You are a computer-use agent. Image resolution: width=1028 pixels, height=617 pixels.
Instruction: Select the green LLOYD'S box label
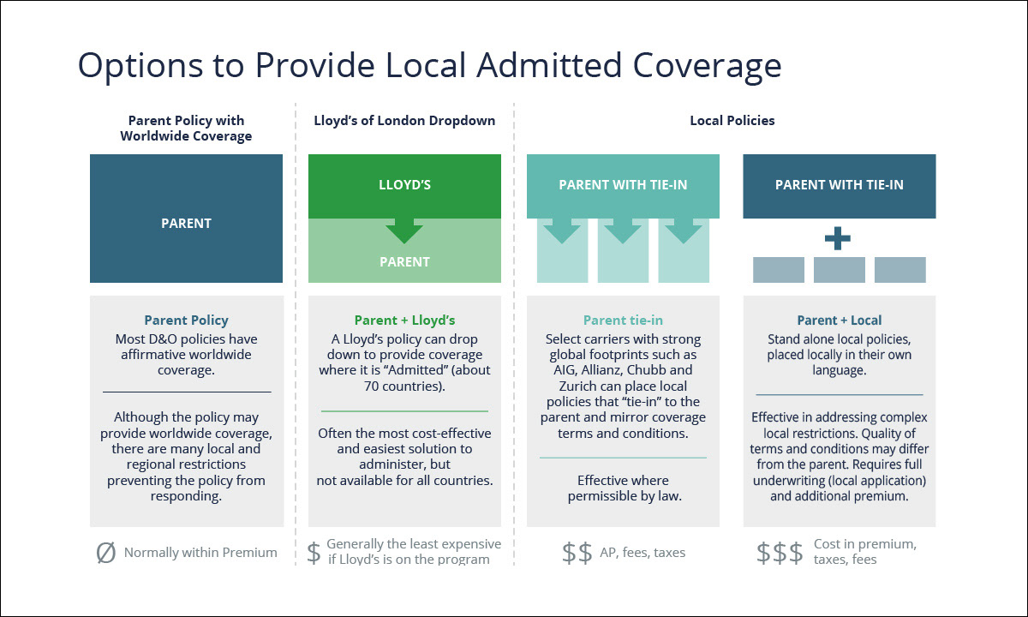pos(404,185)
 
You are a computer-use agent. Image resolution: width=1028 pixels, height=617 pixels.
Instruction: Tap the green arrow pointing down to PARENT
pos(404,231)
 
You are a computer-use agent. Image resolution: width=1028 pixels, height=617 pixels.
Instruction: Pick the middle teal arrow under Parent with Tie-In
pos(623,231)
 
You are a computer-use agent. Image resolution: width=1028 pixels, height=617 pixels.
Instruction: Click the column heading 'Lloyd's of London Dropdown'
pos(404,121)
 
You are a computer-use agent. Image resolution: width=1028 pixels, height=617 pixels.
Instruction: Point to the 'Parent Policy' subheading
pos(186,320)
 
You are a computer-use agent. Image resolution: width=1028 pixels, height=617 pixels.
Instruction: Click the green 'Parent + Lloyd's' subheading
pos(404,320)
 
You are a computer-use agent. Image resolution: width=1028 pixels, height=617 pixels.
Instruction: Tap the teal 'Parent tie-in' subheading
pos(623,320)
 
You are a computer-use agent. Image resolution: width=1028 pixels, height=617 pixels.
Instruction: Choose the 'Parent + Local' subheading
pos(839,320)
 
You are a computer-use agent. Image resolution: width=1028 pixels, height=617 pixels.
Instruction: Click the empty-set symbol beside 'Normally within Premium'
pos(105,553)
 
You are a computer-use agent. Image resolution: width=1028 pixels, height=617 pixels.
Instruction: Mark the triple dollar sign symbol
pos(780,553)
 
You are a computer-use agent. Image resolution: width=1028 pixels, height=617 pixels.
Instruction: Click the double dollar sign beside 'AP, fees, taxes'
pos(577,553)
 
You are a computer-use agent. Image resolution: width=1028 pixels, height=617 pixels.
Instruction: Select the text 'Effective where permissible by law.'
pos(623,488)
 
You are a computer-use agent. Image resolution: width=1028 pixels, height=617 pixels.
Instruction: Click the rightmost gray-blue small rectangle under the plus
pos(899,270)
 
